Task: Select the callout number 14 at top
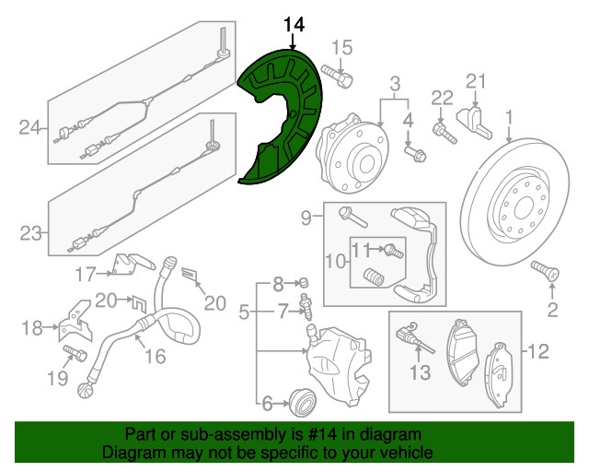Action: coord(292,24)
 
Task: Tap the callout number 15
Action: coord(341,48)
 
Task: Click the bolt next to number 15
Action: coord(342,78)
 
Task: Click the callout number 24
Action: coord(29,127)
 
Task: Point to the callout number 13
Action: coord(419,372)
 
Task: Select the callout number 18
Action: coord(31,327)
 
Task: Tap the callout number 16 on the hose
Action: coord(155,356)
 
